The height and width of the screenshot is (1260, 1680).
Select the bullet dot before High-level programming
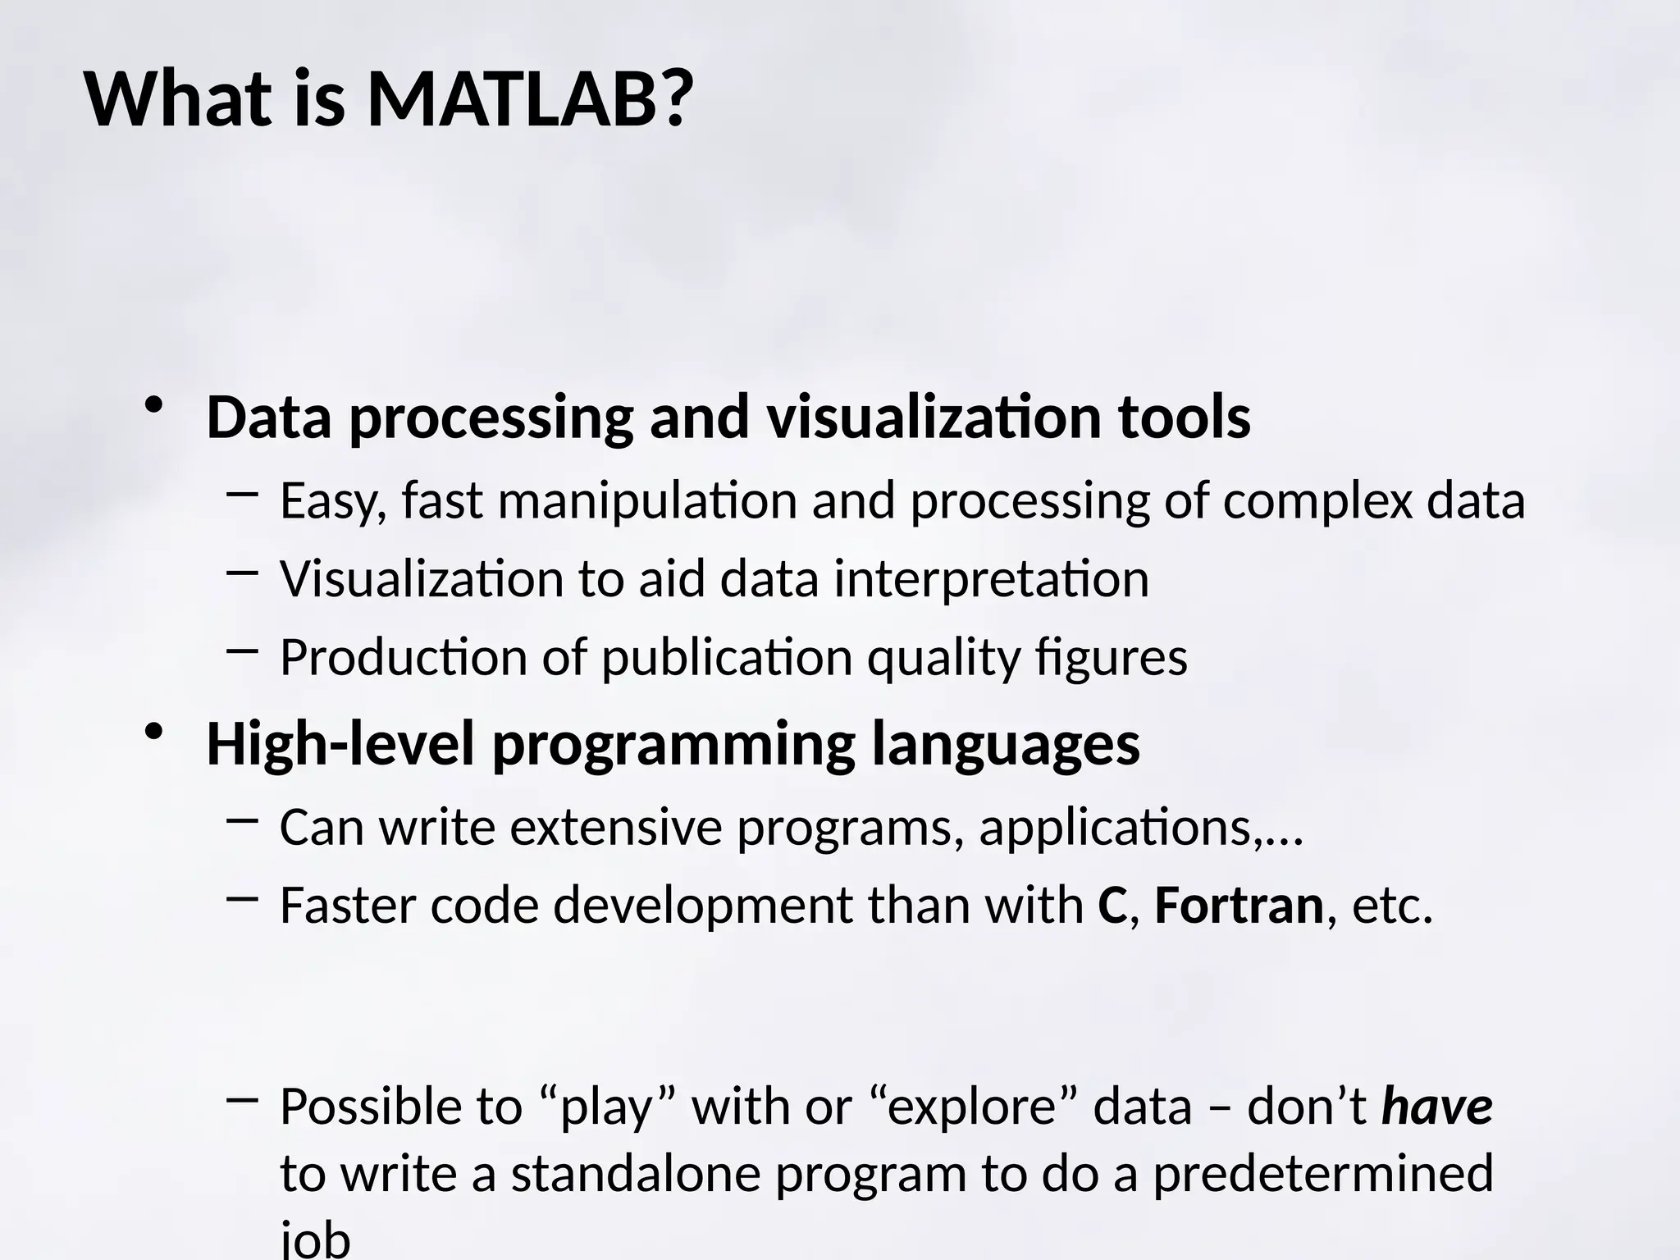point(153,732)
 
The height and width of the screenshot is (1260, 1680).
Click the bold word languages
point(1005,745)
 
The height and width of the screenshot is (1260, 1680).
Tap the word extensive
point(615,827)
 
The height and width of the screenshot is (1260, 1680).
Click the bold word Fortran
point(1239,906)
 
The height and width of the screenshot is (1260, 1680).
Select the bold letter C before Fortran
point(1112,906)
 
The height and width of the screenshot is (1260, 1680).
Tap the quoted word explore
point(971,1107)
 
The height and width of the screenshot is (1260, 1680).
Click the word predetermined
point(1322,1173)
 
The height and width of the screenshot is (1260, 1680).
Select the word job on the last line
point(315,1239)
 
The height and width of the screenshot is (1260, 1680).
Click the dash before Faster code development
point(241,899)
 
